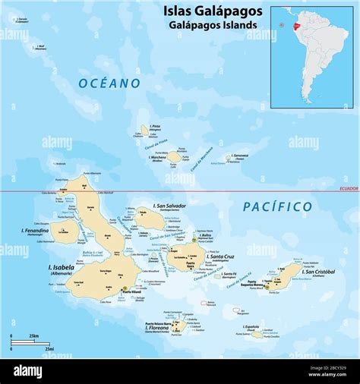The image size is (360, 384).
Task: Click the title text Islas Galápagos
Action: [x=213, y=11]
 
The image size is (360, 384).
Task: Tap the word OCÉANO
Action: [x=109, y=83]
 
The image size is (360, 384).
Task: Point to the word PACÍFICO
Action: [x=277, y=206]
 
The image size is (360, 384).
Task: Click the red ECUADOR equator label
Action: [x=348, y=187]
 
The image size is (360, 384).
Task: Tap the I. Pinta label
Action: [x=156, y=126]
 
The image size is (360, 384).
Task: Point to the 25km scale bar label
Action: [x=34, y=335]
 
